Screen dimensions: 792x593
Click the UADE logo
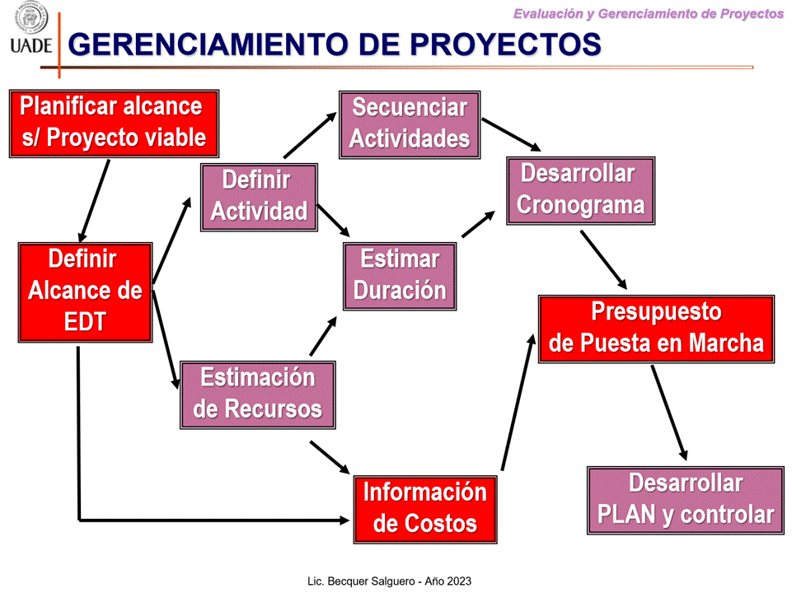pyautogui.click(x=31, y=28)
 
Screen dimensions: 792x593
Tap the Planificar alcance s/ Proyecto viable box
pyautogui.click(x=115, y=124)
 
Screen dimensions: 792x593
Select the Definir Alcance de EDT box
pyautogui.click(x=86, y=292)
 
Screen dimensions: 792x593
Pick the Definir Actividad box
pyautogui.click(x=259, y=198)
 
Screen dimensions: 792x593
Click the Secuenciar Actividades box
pyautogui.click(x=410, y=124)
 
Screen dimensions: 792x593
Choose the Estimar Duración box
pyautogui.click(x=400, y=276)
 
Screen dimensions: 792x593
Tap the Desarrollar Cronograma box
pyautogui.click(x=581, y=191)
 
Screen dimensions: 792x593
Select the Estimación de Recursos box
pyautogui.click(x=258, y=395)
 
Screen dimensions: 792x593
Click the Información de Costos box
pyautogui.click(x=425, y=509)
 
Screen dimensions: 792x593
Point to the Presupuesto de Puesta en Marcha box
pyautogui.click(x=657, y=329)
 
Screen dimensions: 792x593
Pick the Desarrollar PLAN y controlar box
pyautogui.click(x=686, y=501)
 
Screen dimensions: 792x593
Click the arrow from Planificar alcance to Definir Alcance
pyautogui.click(x=94, y=201)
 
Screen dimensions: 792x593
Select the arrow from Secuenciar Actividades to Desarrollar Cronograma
pyautogui.click(x=511, y=135)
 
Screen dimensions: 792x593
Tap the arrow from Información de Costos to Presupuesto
pyautogui.click(x=518, y=402)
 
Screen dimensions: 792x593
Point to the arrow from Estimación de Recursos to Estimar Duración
pyautogui.click(x=323, y=336)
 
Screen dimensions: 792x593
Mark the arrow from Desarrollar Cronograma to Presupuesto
pyautogui.click(x=603, y=260)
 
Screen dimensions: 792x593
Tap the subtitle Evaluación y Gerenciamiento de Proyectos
pyautogui.click(x=649, y=14)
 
